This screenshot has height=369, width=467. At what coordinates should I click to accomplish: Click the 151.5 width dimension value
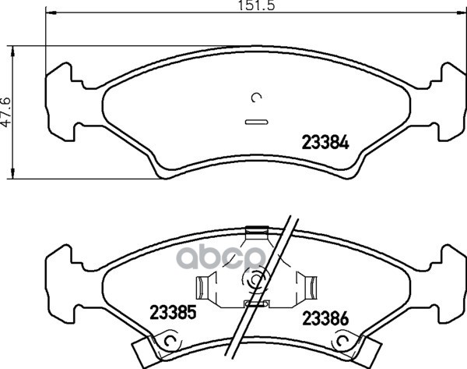click(x=256, y=5)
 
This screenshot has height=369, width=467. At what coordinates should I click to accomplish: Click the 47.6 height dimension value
click(x=6, y=112)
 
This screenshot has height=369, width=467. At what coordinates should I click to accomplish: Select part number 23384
click(x=325, y=143)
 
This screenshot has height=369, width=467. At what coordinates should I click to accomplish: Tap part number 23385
click(x=173, y=312)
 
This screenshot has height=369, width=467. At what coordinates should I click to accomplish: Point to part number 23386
click(x=325, y=318)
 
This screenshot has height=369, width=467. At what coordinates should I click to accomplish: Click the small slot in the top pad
click(x=256, y=122)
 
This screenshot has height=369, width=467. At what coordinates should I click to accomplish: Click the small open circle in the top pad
click(x=256, y=98)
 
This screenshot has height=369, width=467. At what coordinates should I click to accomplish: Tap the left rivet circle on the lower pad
click(x=170, y=340)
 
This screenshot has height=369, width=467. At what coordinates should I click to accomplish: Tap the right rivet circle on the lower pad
click(x=342, y=340)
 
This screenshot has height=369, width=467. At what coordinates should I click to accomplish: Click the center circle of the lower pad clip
click(x=255, y=280)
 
